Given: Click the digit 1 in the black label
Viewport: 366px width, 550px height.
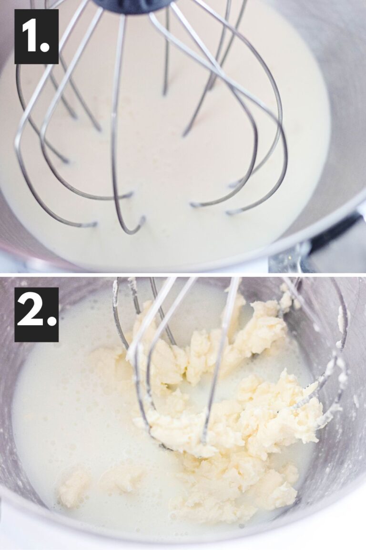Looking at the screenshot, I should point(31,36).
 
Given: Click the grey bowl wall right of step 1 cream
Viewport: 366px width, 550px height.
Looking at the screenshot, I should point(343,119).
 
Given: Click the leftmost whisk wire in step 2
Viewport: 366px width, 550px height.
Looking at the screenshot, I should point(117,315).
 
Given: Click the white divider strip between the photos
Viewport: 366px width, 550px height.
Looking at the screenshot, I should point(183,273).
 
